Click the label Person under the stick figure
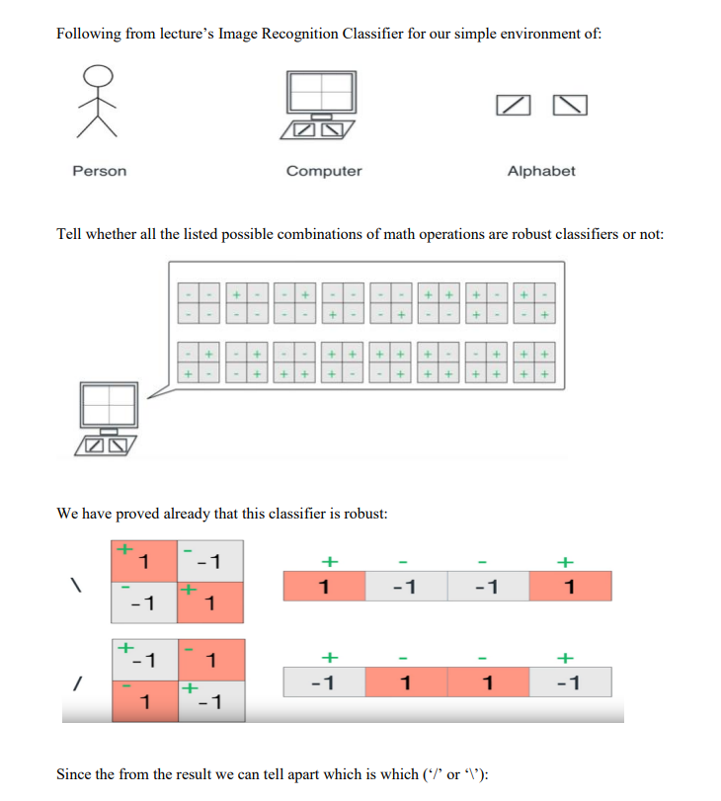[x=100, y=171]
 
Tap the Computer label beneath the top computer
[x=324, y=171]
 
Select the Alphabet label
[x=540, y=171]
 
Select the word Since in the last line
[x=74, y=773]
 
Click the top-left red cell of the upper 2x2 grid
[x=144, y=560]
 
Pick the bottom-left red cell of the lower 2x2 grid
[x=144, y=700]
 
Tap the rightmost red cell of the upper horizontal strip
[x=570, y=586]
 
